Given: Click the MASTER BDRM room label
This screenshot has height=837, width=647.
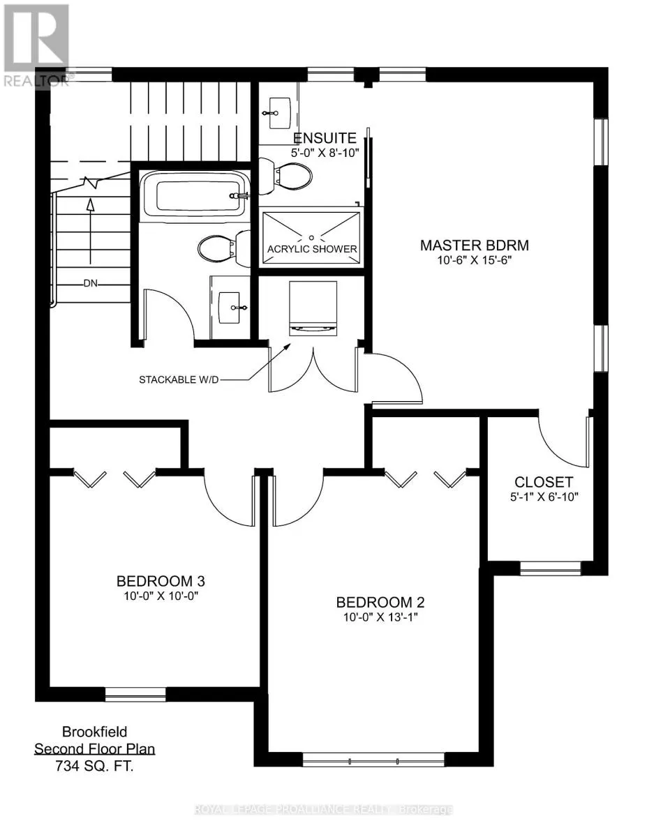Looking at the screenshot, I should (x=474, y=246).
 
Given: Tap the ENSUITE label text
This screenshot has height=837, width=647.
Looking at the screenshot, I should (x=325, y=138).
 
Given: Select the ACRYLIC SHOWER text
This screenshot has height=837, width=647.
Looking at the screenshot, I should (x=312, y=249).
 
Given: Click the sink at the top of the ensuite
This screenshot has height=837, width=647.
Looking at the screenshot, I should (x=279, y=109).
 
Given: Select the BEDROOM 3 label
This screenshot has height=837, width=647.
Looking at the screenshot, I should (x=160, y=580).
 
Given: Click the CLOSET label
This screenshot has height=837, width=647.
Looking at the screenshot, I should (x=544, y=481).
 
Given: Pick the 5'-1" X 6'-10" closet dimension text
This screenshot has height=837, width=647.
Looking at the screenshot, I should (x=544, y=497).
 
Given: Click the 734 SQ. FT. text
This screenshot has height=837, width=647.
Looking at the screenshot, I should (x=94, y=764).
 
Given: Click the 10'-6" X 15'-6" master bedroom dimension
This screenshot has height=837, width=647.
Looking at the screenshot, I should (x=474, y=261).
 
